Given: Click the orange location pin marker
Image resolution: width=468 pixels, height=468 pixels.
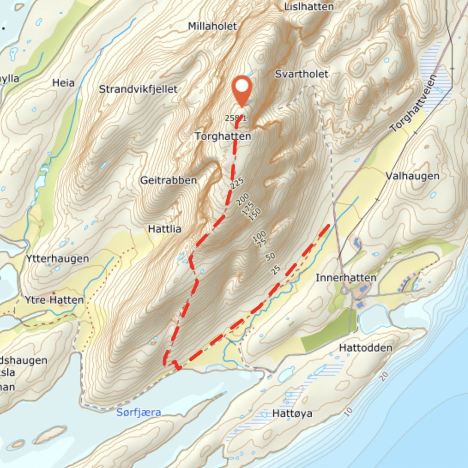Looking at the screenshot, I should click(242, 88).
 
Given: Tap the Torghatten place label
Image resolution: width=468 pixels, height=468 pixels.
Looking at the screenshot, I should click(223, 136).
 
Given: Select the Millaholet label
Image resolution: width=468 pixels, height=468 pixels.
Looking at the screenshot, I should click(212, 26).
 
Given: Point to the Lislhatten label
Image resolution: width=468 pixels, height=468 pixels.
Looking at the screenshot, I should click(309, 7).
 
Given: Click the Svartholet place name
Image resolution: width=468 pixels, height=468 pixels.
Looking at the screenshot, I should click(302, 74).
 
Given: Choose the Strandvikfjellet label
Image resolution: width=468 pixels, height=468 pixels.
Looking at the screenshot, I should click(138, 89).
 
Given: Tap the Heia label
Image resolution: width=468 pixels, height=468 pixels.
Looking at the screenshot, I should click(63, 83).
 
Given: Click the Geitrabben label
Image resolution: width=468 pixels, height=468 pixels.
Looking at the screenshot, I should click(169, 181).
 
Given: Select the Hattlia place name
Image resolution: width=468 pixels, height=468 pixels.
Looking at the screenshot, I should click(165, 229).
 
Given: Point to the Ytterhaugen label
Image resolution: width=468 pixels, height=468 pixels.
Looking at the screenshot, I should click(57, 259).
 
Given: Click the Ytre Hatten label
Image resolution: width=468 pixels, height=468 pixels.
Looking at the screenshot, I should click(54, 300).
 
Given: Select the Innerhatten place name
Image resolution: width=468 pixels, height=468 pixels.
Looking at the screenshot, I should click(346, 278).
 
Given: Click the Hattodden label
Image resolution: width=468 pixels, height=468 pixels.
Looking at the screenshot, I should click(365, 347).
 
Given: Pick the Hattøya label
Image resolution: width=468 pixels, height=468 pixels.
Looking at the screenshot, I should click(292, 414).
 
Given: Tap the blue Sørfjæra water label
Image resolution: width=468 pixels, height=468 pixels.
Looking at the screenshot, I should click(139, 413).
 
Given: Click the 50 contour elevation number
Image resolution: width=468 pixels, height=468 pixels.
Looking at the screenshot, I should click(270, 257).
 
